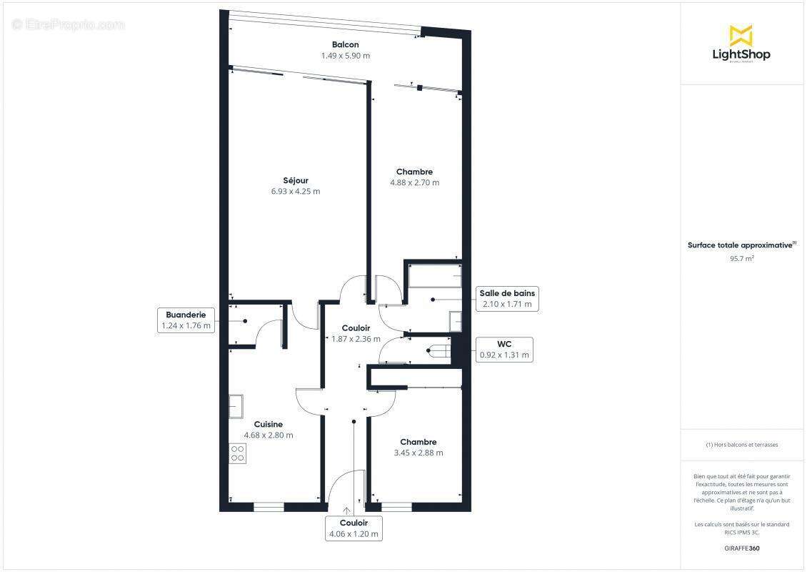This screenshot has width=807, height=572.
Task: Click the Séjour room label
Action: pos(295,180)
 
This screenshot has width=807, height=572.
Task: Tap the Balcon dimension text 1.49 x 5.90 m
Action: pos(345,56)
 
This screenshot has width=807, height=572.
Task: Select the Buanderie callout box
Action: pos(186,320)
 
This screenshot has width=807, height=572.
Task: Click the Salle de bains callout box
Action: pos(507,299)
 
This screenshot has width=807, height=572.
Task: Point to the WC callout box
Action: pos(504,350)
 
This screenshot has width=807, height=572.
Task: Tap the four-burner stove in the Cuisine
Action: pos(238,453)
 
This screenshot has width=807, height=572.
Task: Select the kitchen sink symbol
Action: pos(236,405)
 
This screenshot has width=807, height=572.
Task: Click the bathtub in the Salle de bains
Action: pos(433,276)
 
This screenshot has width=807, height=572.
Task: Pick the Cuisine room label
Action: pos(269,424)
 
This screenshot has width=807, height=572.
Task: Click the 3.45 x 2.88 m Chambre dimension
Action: pos(418,453)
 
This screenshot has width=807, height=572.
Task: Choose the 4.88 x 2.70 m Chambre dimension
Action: pos(414,182)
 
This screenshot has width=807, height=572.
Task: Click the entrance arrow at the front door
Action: pos(347,511)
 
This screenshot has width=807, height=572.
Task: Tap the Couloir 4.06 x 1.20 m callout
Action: pos(354,528)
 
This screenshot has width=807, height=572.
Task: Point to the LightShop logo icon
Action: pos(741,35)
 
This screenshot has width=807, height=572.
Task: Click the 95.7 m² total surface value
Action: pos(741,259)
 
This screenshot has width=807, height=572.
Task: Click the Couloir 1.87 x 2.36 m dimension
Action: pos(356,339)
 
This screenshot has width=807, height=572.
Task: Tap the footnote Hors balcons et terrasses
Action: pos(742,445)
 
